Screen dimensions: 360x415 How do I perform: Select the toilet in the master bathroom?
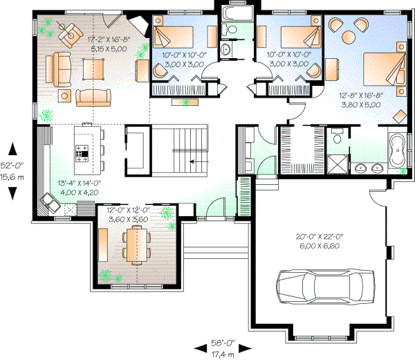click(338, 136)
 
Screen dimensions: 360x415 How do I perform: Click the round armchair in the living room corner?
click(68, 32)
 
